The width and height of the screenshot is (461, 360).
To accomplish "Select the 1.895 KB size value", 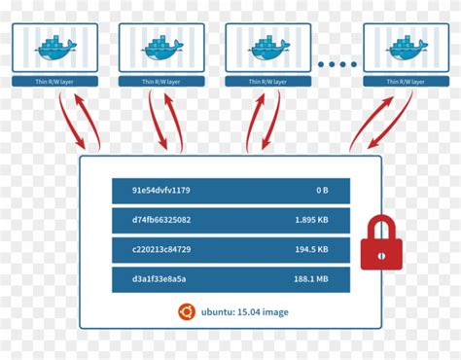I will [x=309, y=220].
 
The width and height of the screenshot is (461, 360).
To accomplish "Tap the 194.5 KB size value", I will [x=310, y=250].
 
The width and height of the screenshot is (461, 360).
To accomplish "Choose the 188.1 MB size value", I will [x=310, y=280].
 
